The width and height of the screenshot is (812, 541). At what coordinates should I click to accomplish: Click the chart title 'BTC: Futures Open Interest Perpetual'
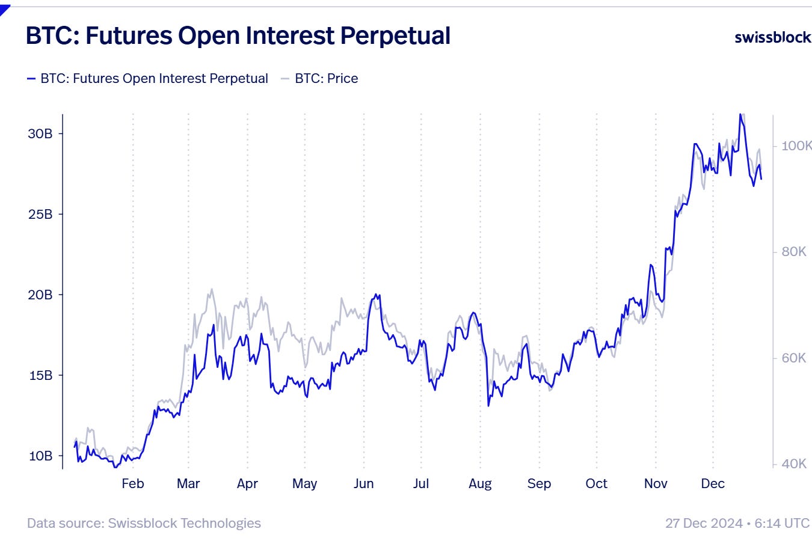point(238,36)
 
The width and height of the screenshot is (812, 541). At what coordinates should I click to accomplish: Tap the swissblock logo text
point(772,37)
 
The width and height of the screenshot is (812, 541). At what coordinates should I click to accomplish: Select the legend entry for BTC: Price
point(326,79)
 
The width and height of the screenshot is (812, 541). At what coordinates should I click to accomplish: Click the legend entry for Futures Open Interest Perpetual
point(154,79)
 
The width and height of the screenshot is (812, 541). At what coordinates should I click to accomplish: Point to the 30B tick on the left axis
point(40,133)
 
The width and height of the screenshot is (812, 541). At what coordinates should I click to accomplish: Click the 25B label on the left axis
point(40,214)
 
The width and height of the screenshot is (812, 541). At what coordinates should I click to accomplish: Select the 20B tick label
point(40,295)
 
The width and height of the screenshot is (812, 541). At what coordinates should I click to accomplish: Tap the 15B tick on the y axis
point(40,375)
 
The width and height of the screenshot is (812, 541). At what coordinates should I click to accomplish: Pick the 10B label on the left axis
point(40,456)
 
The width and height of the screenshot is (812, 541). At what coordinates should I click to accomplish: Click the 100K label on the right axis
point(796,145)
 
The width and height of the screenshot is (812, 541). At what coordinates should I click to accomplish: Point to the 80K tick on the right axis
point(794,252)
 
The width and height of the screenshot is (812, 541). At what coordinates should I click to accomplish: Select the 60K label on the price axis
point(794,358)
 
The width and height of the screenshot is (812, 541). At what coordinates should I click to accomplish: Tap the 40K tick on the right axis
point(794,463)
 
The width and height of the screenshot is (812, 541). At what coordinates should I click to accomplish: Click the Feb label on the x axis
point(133,484)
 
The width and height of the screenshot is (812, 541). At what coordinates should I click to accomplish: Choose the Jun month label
point(363,484)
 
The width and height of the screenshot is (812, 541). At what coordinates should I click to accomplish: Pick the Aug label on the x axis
point(480,484)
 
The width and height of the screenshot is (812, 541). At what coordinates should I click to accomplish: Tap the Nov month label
point(656,484)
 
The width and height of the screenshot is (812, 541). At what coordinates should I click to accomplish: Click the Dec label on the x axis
point(713,484)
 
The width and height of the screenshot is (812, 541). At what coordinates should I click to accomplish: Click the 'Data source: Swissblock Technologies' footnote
point(144,523)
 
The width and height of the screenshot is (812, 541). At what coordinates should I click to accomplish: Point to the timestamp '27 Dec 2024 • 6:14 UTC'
point(737,523)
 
